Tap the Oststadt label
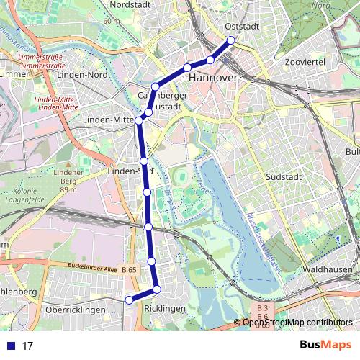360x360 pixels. [x=242, y=26]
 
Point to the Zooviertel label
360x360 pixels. [x=306, y=63]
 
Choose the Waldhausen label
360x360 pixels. [x=328, y=269]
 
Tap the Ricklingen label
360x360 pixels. [x=165, y=308]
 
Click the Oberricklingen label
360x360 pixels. [x=75, y=310]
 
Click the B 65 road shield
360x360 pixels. [x=130, y=269]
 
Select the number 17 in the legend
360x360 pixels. [x=28, y=346]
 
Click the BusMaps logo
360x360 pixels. [x=324, y=345]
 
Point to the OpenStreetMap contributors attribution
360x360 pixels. [x=297, y=323]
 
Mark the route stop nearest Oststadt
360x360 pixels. [x=231, y=40]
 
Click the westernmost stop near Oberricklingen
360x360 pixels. [x=129, y=300]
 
